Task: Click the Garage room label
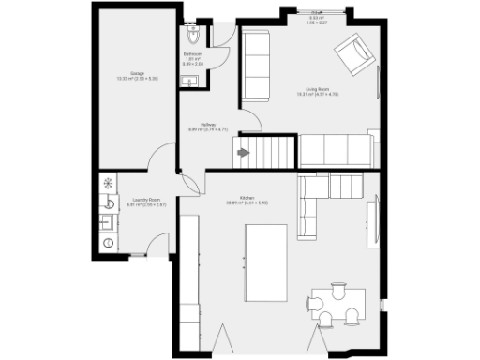tap(137, 72)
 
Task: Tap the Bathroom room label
tap(193, 54)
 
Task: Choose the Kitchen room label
tap(247, 198)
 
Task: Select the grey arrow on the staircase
tap(244, 152)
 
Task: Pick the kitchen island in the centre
tap(270, 262)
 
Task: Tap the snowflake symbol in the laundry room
tap(107, 182)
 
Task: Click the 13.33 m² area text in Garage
tap(137, 78)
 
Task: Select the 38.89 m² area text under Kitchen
tap(247, 203)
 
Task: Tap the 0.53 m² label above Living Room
tap(317, 18)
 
